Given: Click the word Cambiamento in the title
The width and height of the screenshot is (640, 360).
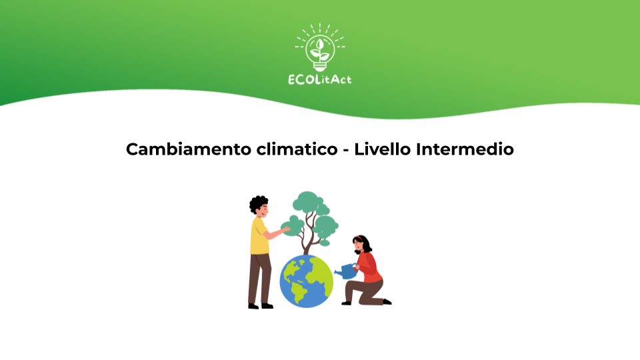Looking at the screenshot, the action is click(189, 149).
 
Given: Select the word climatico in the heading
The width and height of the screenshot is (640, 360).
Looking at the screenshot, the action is click(297, 149).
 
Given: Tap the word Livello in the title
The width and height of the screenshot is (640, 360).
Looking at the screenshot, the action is click(382, 149).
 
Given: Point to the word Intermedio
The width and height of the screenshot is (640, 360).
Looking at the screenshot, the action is click(465, 149).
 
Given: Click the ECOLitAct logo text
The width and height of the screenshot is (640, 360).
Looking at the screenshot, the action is click(319, 79).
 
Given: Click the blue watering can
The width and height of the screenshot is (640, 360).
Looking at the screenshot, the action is click(346, 271).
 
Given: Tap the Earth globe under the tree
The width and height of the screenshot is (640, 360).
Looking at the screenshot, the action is click(306, 281).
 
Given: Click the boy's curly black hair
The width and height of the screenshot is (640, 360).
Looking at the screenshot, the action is click(258, 203).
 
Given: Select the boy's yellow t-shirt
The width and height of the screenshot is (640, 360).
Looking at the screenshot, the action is click(259, 237).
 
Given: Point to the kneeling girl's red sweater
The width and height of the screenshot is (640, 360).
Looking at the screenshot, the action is click(369, 267).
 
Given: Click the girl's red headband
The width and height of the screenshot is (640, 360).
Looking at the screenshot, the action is click(359, 238).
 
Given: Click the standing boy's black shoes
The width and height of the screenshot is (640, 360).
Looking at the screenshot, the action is click(260, 306).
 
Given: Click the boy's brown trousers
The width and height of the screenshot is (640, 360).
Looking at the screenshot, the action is click(259, 279).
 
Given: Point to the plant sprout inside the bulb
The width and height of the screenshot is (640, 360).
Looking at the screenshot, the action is click(320, 50).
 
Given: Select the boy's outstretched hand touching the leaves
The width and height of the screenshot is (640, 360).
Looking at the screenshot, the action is click(286, 229).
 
